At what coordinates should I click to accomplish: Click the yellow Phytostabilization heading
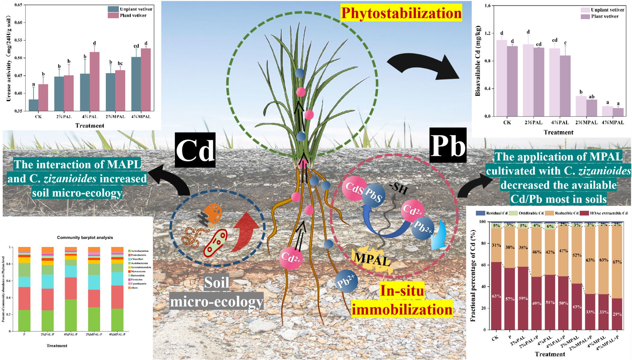click(401, 13)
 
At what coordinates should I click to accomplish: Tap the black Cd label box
click(195, 150)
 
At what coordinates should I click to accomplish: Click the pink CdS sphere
click(354, 188)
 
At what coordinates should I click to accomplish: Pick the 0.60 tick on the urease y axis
click(20, 23)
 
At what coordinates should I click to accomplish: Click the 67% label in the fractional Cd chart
click(617, 262)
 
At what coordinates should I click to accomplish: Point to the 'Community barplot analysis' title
click(85, 237)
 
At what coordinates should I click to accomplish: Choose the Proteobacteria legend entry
click(138, 255)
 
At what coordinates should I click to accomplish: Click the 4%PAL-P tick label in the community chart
click(70, 334)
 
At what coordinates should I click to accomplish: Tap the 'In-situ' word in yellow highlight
click(402, 291)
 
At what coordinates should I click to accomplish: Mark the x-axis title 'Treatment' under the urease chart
click(90, 126)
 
